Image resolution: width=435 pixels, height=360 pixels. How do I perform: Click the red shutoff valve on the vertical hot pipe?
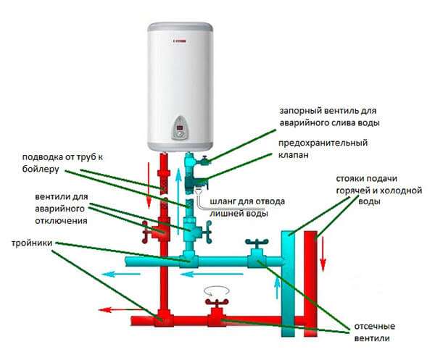click(x=154, y=230)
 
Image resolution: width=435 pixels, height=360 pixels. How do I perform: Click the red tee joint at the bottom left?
click(x=161, y=317)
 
